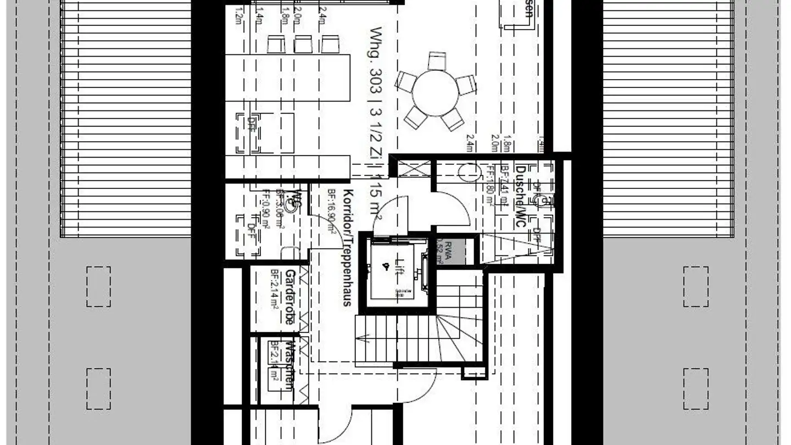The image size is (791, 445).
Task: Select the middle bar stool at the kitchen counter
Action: [303, 44]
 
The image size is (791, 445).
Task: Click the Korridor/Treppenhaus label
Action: [347, 247]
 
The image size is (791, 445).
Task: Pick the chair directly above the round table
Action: [437, 60]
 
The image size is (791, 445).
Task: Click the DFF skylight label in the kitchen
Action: [252, 122]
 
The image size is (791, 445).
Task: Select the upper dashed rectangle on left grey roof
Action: [98, 286]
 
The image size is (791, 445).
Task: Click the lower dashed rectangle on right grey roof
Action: [695, 388]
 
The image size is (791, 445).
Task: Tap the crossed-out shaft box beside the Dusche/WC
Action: [411, 169]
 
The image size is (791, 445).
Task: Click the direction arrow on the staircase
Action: [364, 339]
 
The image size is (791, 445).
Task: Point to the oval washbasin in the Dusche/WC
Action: [469, 173]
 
